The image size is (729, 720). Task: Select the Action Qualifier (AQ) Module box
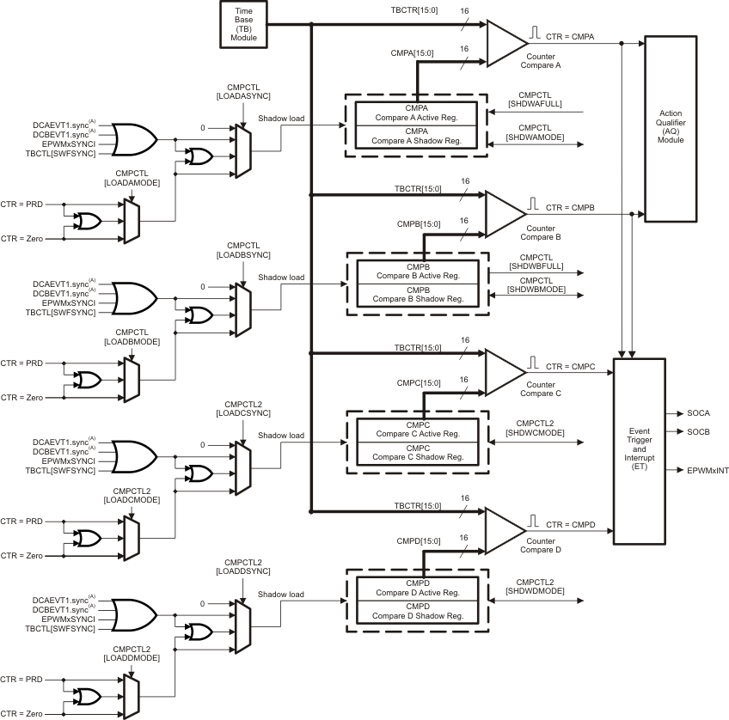[x=671, y=127]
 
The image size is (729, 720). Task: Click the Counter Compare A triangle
[x=505, y=43]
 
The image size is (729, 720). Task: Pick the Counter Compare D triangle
[x=505, y=525]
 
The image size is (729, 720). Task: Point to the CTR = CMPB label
[x=569, y=208]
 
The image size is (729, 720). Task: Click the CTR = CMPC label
[x=569, y=368]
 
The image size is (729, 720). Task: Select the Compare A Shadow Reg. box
[x=415, y=137]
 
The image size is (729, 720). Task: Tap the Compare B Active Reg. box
[x=415, y=271]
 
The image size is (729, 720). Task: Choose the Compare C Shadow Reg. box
[x=415, y=452]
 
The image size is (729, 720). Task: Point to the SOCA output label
[x=698, y=413]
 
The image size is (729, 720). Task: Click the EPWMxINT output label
[x=707, y=471]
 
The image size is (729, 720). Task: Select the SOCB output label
[x=698, y=431]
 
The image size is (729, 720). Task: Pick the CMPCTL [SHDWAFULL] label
[x=534, y=98]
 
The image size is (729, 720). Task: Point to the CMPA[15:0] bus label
[x=424, y=54]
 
